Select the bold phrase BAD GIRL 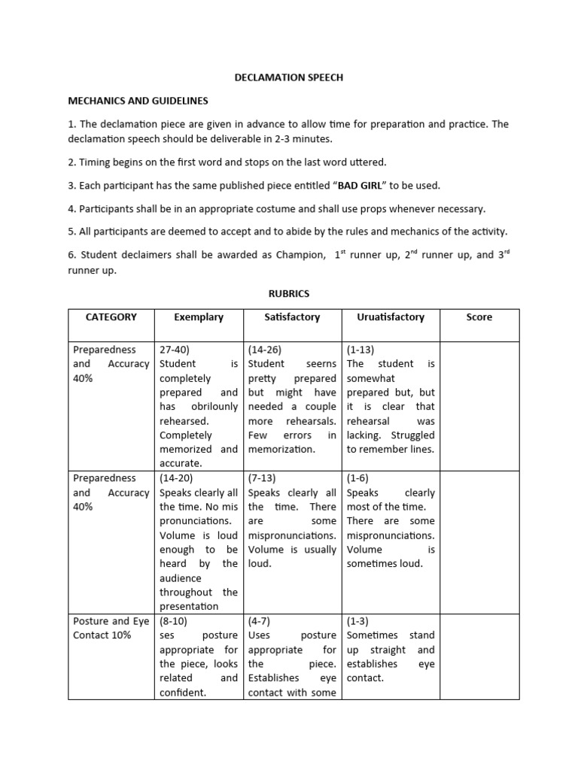pos(359,185)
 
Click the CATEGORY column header pos(111,317)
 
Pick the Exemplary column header pos(199,317)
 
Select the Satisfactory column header pos(292,317)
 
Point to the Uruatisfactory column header pos(391,317)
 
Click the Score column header pos(479,317)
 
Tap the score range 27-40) pos(175,350)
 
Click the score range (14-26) pos(264,350)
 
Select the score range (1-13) pos(360,350)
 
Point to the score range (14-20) pos(177,478)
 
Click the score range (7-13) pos(263,478)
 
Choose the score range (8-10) pos(174,621)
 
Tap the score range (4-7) pos(260,621)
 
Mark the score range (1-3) pos(357,621)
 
